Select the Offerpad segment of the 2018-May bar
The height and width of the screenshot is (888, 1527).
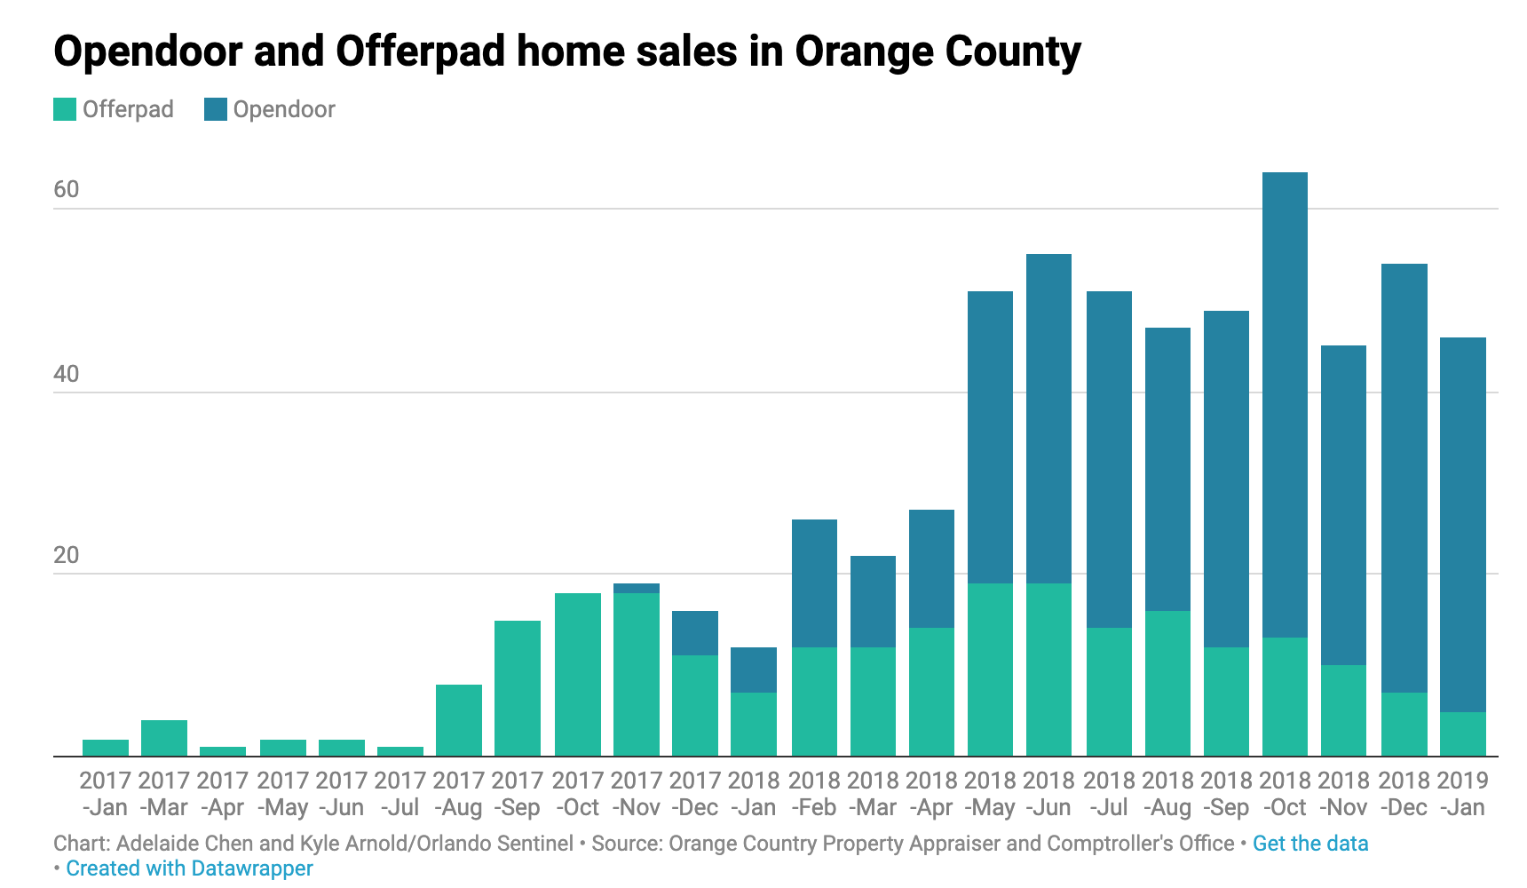point(990,670)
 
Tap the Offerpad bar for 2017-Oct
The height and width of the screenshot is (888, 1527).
point(578,675)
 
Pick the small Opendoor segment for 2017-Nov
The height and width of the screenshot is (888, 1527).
point(637,589)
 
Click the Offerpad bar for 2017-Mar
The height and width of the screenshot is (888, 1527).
point(164,738)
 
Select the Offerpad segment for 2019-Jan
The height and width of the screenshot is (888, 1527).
point(1462,734)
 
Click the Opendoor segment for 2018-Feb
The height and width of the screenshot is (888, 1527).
point(814,583)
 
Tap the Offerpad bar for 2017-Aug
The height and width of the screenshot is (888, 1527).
point(459,720)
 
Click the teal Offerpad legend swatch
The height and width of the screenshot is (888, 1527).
point(65,109)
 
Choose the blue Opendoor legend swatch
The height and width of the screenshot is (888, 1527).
point(216,109)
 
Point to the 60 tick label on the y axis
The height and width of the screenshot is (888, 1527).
point(67,189)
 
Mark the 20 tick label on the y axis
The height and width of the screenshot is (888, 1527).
point(67,555)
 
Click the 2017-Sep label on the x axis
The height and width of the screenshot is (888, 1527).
point(518,794)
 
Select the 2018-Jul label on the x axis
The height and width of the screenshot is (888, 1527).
point(1109,794)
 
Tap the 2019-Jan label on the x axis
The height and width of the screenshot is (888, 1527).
point(1462,794)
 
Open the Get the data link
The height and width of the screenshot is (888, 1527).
point(1310,844)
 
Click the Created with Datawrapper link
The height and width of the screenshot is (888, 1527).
point(189,868)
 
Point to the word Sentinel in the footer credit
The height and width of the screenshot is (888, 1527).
point(534,844)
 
